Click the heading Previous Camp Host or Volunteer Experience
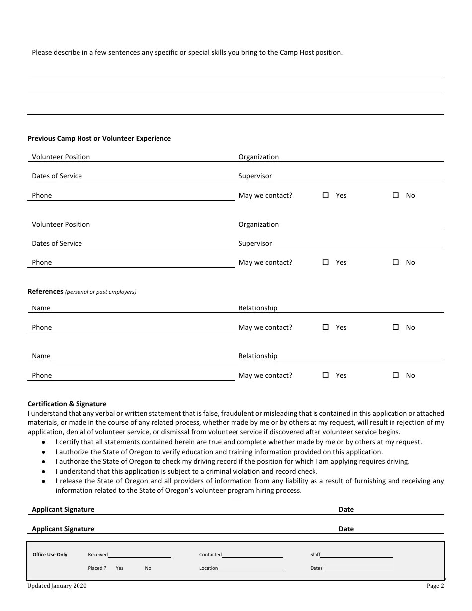(99, 139)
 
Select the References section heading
(45, 291)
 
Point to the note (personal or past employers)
(101, 292)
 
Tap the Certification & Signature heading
(67, 404)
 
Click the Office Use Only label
(50, 555)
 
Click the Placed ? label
(97, 568)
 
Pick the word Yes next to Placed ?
(119, 568)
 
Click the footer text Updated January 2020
(57, 586)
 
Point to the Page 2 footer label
(435, 586)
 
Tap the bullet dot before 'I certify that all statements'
(44, 442)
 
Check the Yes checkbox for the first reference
(326, 327)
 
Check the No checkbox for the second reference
(396, 375)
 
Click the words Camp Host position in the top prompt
(311, 52)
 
